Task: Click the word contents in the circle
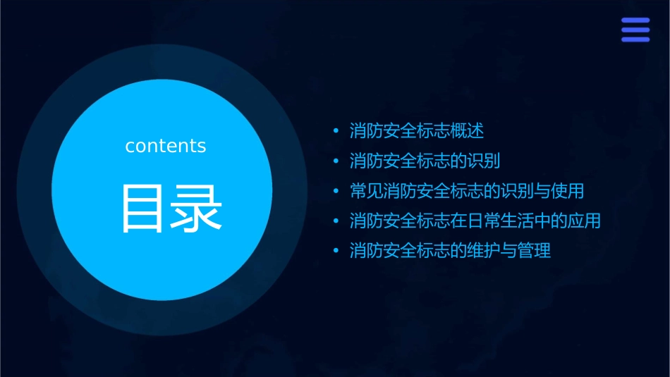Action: [x=166, y=146]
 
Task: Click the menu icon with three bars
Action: [x=635, y=30]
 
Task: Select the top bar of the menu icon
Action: [x=635, y=20]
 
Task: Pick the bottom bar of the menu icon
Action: [x=635, y=39]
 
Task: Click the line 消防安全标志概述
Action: [x=416, y=131]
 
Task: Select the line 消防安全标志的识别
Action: [x=425, y=161]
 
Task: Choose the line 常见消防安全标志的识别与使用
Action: [x=466, y=191]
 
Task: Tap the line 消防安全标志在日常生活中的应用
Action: [x=475, y=221]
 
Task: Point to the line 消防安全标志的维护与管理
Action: [x=450, y=251]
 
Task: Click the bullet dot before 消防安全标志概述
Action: [x=336, y=132]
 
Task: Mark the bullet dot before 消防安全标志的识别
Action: [x=336, y=161]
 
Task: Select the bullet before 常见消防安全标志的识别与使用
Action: [x=336, y=192]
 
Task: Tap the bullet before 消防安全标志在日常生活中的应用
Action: [x=336, y=221]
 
